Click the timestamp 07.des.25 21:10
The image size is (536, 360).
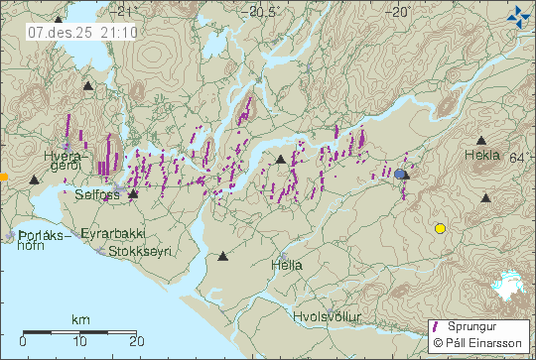tap(68, 32)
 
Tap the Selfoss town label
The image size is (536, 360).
tap(96, 196)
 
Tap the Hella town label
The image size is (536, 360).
tap(287, 266)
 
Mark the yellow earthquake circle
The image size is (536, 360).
tap(440, 228)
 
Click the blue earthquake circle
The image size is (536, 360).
tap(400, 174)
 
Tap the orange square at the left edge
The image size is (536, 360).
tap(4, 177)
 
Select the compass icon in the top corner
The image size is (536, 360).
tap(518, 16)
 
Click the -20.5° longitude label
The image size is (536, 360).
tap(264, 12)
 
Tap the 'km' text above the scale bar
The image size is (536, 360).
tap(79, 320)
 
